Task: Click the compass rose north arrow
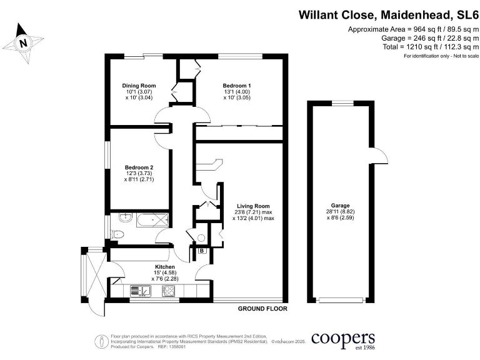pos(22,43)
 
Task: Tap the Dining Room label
pos(139,86)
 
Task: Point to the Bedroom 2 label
pos(139,167)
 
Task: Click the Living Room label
pos(253,206)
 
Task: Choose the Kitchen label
pos(165,267)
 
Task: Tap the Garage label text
pos(341,206)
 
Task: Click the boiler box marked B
pos(202,251)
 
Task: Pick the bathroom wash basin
pos(124,219)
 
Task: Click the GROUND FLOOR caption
pos(262,309)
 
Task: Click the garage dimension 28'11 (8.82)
pos(341,212)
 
